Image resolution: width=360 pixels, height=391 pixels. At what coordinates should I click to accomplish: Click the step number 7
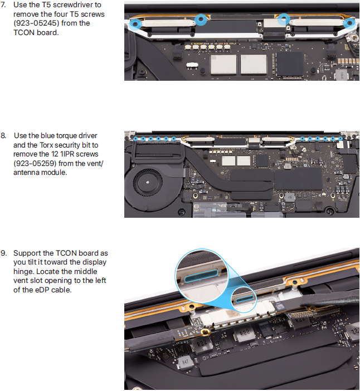coord(3,5)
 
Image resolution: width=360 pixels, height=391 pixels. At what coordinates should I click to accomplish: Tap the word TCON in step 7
coord(24,33)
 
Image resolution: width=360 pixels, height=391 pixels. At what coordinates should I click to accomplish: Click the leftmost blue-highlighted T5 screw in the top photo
coord(135,24)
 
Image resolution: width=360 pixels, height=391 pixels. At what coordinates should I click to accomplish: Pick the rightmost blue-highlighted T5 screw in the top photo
coord(349,23)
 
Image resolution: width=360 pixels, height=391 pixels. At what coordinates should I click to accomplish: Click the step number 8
coord(3,136)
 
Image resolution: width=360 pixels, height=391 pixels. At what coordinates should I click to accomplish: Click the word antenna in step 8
coord(26,173)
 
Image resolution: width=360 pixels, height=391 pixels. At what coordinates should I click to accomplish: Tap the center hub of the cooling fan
coord(148,182)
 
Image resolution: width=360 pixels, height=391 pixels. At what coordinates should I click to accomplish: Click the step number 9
coord(3,253)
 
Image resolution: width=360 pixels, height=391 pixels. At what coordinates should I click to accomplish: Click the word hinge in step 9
coord(24,272)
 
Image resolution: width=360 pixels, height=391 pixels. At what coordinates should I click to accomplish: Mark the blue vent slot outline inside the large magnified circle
coord(201,276)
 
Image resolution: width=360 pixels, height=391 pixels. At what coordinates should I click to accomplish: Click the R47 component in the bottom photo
coord(185,362)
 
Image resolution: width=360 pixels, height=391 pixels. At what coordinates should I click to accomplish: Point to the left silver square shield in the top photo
coord(223,65)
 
